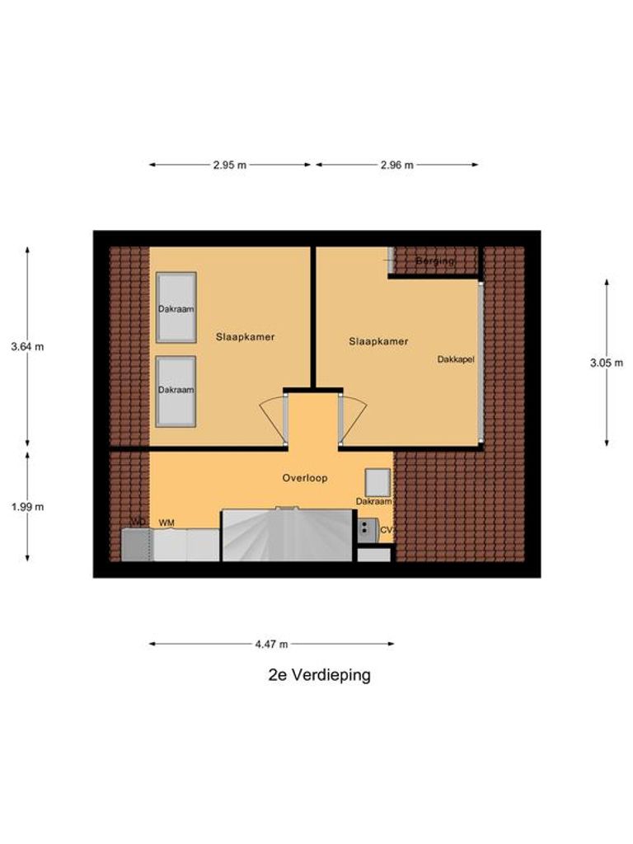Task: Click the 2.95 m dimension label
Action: (229, 165)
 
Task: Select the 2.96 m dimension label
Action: (396, 165)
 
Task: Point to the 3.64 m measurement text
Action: (27, 347)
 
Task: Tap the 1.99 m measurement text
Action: (27, 507)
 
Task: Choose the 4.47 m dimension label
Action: (271, 645)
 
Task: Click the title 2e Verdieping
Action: (320, 675)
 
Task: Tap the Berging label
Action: (434, 261)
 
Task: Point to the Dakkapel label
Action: (456, 359)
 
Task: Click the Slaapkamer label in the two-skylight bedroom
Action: (246, 337)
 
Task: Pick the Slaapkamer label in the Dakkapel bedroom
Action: (378, 341)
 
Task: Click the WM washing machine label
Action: (166, 523)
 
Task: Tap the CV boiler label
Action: (385, 529)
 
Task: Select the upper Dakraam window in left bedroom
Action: (176, 307)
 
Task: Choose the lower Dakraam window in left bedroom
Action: (176, 391)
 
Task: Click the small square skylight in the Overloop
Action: (377, 481)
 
